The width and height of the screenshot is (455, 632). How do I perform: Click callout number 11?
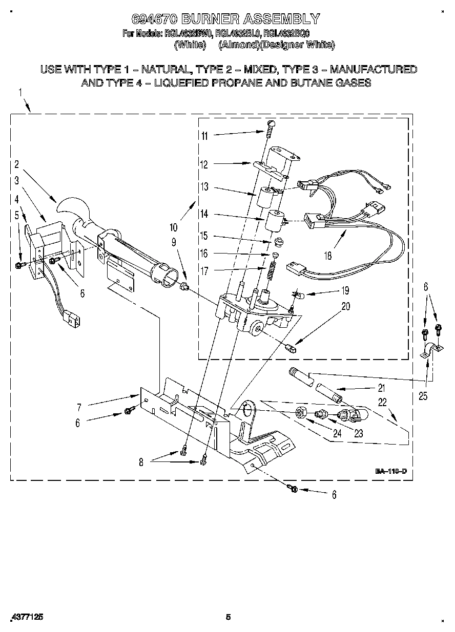(x=204, y=136)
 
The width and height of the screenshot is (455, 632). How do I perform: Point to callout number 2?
(x=16, y=164)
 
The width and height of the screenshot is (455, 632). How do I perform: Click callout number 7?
(x=78, y=407)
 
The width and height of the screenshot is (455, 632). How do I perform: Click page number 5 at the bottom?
(x=229, y=617)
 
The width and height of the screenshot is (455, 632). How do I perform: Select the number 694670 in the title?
(x=154, y=19)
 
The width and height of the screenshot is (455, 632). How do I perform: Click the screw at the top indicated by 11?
(x=272, y=124)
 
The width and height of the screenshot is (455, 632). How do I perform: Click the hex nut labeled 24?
(x=301, y=411)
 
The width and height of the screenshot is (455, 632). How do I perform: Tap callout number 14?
(x=204, y=215)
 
